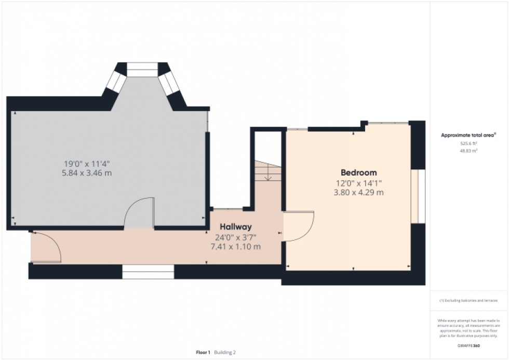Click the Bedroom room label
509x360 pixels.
tap(358, 172)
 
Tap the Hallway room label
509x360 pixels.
tap(235, 226)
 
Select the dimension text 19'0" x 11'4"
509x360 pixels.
tap(86, 163)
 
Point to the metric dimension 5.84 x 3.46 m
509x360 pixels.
tap(86, 173)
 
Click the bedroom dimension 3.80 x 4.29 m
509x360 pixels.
tap(358, 193)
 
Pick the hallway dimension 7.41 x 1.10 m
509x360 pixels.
tap(235, 246)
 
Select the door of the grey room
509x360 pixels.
tap(140, 213)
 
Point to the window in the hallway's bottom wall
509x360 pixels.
tap(148, 268)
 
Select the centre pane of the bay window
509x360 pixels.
tap(142, 69)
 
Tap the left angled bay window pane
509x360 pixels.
tap(117, 82)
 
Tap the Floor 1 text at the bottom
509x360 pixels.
tap(203, 352)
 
